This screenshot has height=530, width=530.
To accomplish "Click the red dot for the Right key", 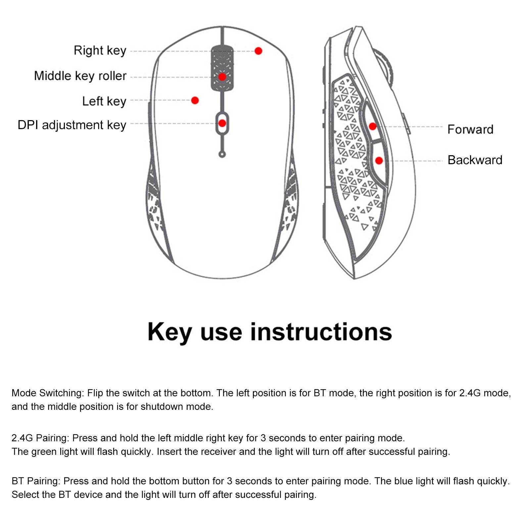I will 259,51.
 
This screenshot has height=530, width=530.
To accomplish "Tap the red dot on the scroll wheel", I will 222,77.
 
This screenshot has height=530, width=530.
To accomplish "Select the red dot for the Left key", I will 195,100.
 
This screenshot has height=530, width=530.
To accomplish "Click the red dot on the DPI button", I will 222,123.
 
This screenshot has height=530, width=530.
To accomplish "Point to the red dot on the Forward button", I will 373,126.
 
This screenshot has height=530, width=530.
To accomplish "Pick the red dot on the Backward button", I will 379,161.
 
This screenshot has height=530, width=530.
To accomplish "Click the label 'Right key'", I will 100,51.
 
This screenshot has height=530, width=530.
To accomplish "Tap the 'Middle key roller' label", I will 80,76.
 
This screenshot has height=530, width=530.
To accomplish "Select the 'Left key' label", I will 104,101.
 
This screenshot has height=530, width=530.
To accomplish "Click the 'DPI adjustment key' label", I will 72,125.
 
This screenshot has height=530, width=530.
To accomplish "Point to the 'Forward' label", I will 470,129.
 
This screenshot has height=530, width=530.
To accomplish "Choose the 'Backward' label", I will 475,160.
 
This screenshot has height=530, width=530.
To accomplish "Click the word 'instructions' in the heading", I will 321,332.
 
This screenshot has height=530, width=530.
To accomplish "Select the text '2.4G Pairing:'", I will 40,438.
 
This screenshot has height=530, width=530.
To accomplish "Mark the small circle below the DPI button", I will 222,154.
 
